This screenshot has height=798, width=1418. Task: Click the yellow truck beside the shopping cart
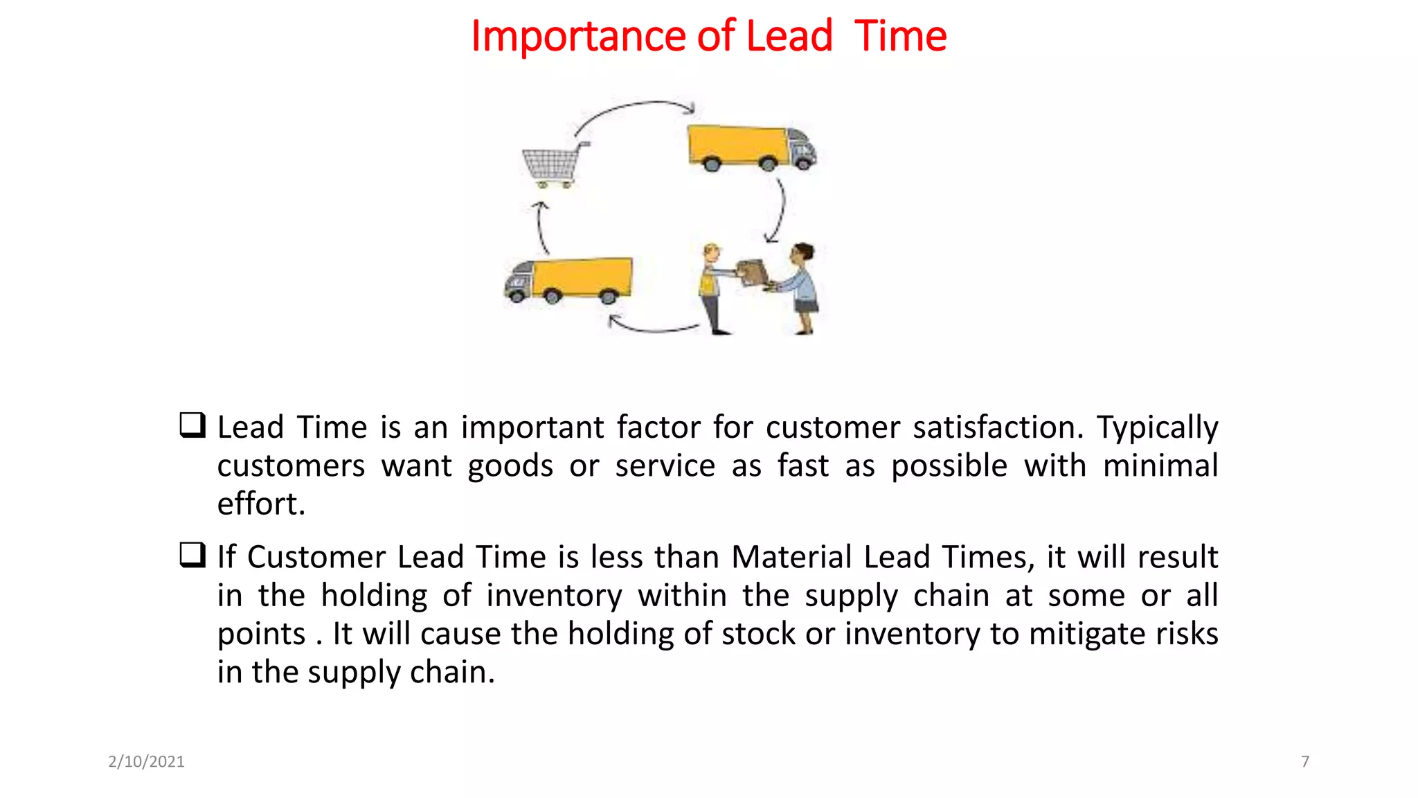pyautogui.click(x=751, y=147)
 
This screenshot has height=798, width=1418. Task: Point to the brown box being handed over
pyautogui.click(x=752, y=272)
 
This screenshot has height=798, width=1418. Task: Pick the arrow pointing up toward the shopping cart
pyautogui.click(x=541, y=227)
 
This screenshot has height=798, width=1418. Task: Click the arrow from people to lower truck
pyautogui.click(x=651, y=327)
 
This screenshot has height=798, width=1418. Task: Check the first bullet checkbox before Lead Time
pyautogui.click(x=192, y=425)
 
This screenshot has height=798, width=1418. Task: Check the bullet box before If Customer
pyautogui.click(x=192, y=554)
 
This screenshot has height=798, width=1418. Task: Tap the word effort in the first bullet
pyautogui.click(x=260, y=504)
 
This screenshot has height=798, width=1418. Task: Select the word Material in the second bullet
pyautogui.click(x=791, y=557)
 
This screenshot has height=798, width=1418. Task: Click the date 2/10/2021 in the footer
pyautogui.click(x=146, y=761)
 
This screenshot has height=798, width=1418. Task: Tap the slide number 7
pyautogui.click(x=1305, y=761)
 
